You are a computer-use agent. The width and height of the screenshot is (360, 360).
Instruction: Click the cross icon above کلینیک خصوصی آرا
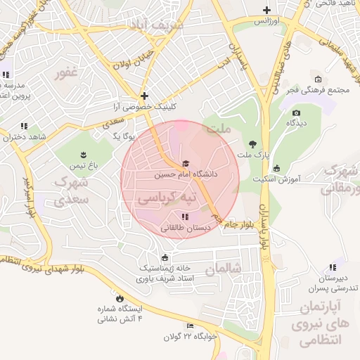coord(144,96)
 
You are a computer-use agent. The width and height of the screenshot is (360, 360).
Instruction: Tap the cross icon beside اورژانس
coord(266,10)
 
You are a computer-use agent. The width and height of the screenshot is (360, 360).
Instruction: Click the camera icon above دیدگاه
coord(296,112)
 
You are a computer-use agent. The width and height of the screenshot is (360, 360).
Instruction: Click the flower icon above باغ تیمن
coord(83,155)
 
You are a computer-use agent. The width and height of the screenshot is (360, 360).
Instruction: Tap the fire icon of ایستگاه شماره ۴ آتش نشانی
coord(119,298)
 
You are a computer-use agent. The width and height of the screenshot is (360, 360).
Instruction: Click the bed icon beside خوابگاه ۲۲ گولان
coord(190,326)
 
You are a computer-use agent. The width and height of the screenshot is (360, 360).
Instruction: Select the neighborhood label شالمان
coord(224,269)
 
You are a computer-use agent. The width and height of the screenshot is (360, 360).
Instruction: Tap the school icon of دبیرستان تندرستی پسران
coord(333,267)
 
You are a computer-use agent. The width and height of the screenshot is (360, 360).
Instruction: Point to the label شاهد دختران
coord(24,137)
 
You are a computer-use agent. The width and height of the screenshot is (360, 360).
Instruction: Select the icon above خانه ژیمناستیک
coord(165,257)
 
